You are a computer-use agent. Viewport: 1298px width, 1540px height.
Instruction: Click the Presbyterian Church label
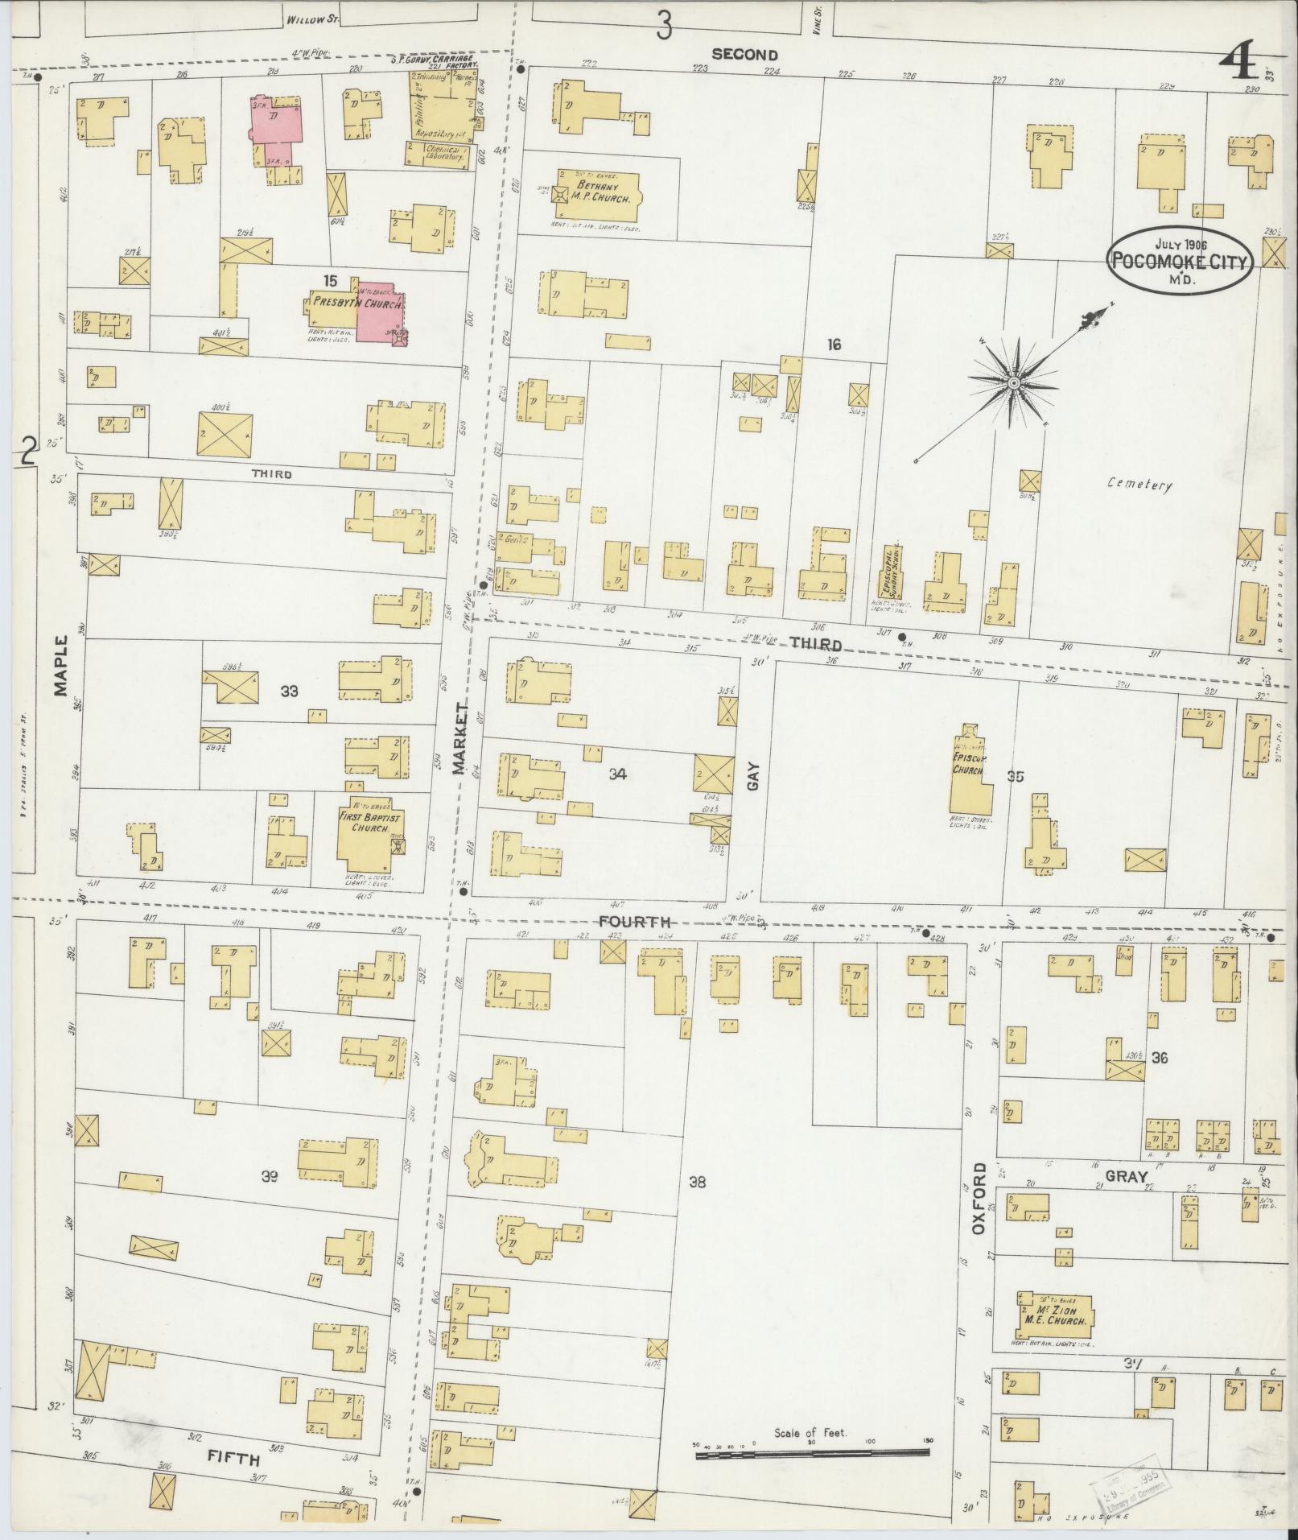click(x=357, y=305)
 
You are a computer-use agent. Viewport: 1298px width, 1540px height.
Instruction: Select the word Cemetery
click(x=1139, y=485)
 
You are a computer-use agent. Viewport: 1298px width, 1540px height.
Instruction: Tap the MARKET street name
click(x=459, y=738)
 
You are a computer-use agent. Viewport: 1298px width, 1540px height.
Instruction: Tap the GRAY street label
click(x=1125, y=1176)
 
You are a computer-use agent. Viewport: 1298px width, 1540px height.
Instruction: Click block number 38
click(x=697, y=1182)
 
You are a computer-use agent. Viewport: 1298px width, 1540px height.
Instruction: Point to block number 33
click(x=290, y=691)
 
